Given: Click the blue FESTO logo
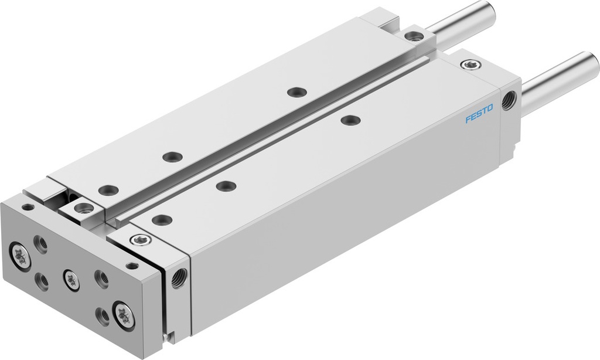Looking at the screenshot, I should (479, 113).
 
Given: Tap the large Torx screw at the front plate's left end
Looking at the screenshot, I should (21, 255).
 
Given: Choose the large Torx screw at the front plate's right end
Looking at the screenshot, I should (124, 313).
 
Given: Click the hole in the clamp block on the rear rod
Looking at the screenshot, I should (414, 36).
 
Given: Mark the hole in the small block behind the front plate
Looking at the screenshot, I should (84, 208).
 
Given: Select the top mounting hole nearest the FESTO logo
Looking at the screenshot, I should (350, 120).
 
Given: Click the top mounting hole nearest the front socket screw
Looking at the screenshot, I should (161, 220).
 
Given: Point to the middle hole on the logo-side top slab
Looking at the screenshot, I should (226, 186).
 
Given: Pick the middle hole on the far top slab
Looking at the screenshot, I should (172, 157).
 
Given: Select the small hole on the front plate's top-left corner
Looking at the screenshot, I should (28, 206).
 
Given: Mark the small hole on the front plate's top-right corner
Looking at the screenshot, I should (132, 266).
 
